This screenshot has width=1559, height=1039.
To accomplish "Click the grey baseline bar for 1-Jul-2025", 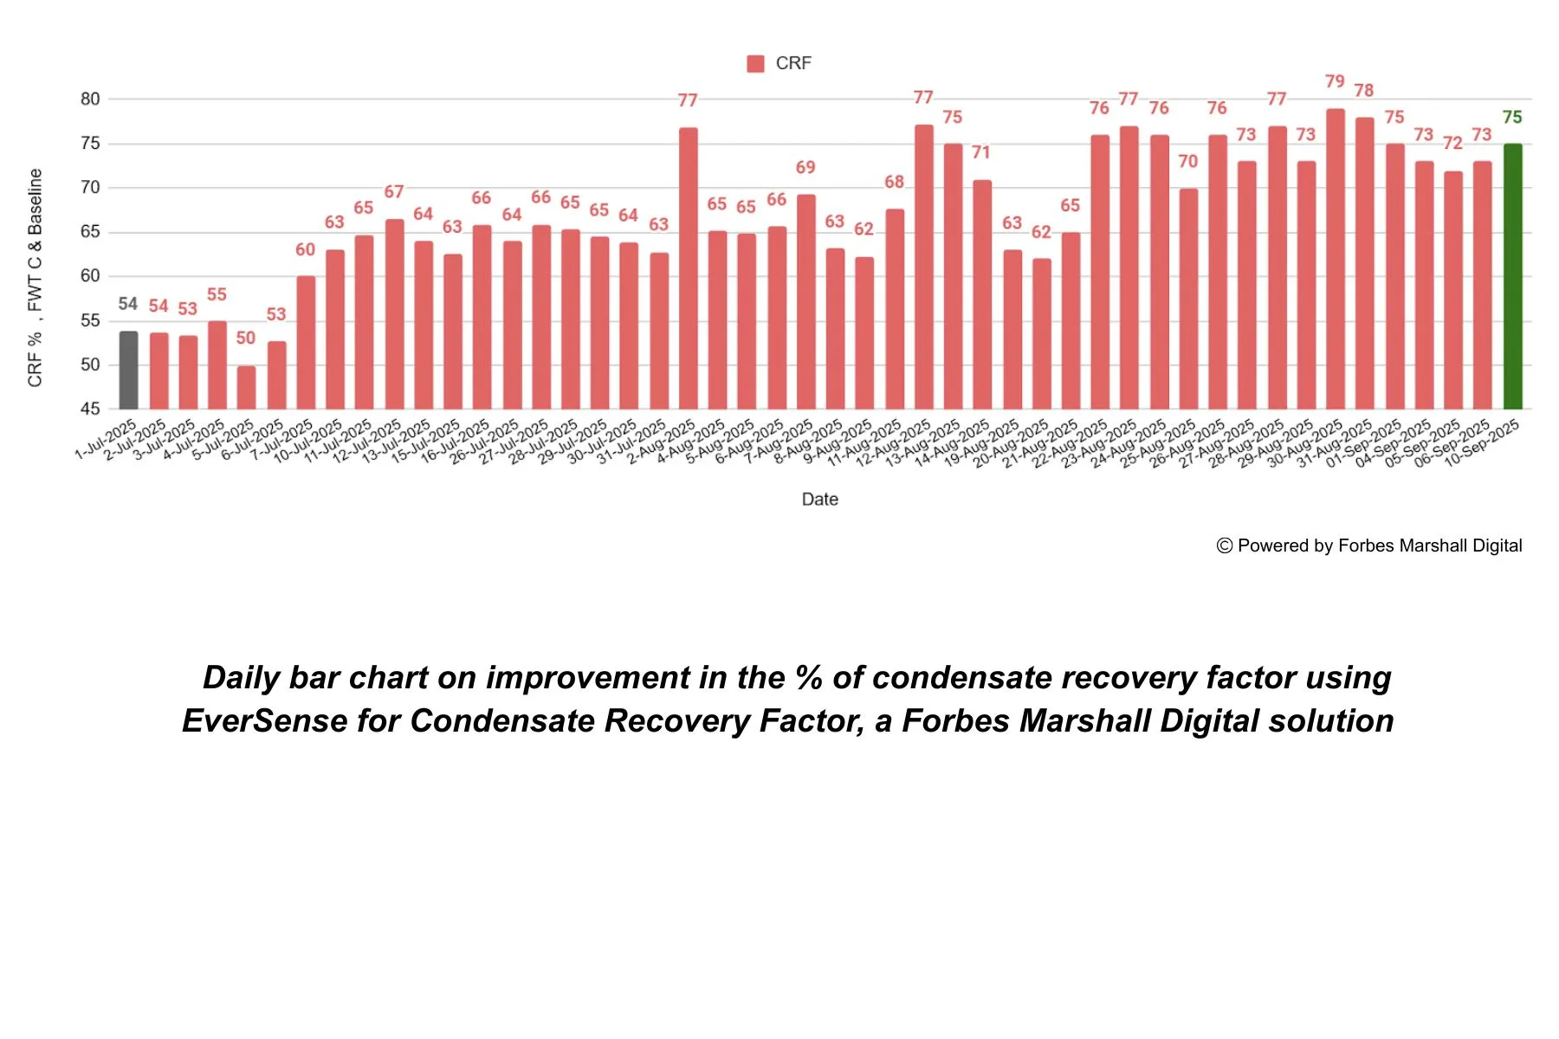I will (x=128, y=371).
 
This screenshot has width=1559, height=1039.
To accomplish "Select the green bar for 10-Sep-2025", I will (x=1512, y=277).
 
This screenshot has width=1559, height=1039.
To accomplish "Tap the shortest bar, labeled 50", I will (x=246, y=388).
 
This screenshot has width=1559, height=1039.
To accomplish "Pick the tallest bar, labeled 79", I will (x=1336, y=260).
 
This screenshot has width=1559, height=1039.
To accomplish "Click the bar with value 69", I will (x=805, y=302).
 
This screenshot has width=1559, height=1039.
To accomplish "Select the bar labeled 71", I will (x=981, y=294).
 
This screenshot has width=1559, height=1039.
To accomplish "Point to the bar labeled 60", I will (x=306, y=343).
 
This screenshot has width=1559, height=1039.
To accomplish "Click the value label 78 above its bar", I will (x=1364, y=91).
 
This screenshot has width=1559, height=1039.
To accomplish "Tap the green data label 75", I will (x=1512, y=117).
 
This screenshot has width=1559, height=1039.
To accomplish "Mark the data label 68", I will (x=894, y=182).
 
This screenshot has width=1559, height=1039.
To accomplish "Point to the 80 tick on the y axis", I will (x=90, y=99).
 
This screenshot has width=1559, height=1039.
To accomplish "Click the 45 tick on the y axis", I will (x=90, y=409).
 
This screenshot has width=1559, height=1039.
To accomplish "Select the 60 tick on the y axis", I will (x=90, y=276).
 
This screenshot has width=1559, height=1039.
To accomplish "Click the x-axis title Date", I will (x=819, y=500).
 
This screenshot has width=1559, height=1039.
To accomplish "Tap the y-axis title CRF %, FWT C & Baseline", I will (x=35, y=277).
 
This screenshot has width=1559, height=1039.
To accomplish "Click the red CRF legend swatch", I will (x=755, y=63).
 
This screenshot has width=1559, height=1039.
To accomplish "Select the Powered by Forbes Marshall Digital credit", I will (x=1369, y=545).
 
